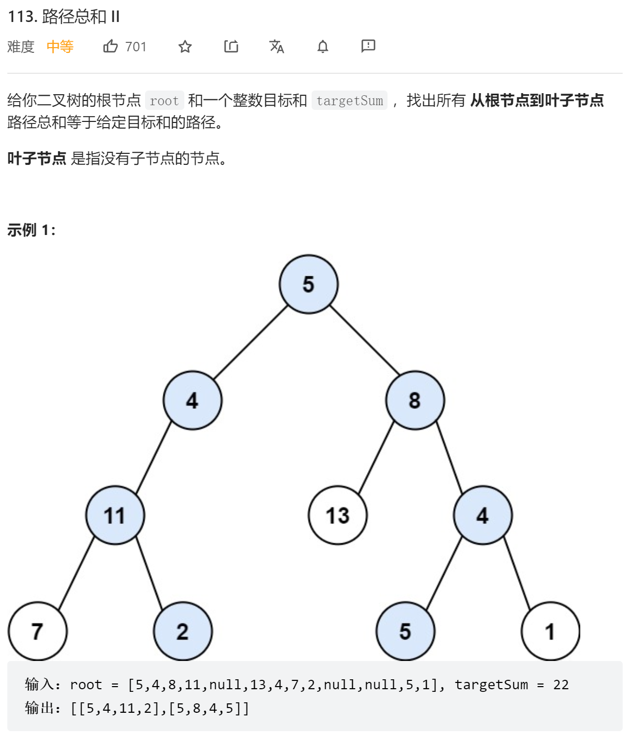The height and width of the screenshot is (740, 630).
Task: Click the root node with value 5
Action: click(308, 284)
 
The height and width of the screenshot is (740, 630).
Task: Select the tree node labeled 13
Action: click(337, 515)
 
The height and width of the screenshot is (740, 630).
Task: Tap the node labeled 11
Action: click(115, 515)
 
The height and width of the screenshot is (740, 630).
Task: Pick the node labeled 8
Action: click(415, 400)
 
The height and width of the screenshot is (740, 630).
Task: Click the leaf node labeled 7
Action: click(37, 631)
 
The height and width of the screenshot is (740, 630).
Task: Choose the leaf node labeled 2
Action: click(183, 631)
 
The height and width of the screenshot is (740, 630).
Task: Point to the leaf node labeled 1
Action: click(550, 631)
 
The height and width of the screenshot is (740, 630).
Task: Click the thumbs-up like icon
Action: click(110, 46)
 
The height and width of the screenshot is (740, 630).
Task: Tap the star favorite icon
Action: click(185, 47)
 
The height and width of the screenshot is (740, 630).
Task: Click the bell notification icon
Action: click(323, 47)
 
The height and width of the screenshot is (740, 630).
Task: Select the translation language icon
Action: click(277, 47)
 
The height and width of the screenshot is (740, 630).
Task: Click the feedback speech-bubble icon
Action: click(368, 46)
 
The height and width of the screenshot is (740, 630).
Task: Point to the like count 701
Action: click(136, 47)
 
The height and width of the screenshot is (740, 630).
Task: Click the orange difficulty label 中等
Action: click(60, 47)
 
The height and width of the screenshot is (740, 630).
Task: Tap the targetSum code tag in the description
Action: click(349, 100)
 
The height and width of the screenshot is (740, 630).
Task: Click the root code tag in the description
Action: click(164, 100)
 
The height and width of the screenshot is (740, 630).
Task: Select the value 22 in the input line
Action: click(561, 685)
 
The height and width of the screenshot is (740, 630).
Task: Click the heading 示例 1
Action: click(31, 230)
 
